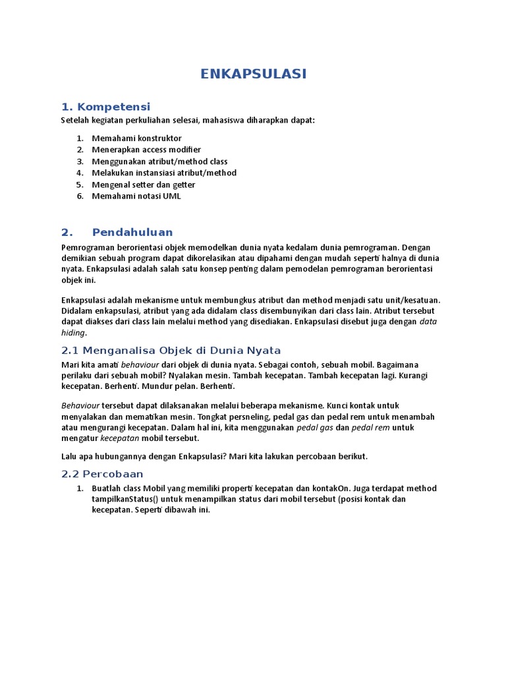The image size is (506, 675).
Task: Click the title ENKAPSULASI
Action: [253, 74]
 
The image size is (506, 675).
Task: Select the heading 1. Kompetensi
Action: [105, 107]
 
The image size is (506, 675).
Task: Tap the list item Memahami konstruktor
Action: [136, 138]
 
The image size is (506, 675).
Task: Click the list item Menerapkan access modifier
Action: [146, 150]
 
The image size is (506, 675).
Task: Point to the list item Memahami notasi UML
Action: [136, 196]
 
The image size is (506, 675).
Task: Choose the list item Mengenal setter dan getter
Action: [144, 185]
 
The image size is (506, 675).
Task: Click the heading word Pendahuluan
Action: [132, 232]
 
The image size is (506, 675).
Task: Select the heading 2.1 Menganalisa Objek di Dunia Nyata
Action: [171, 350]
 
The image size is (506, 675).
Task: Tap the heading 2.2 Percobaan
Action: [102, 474]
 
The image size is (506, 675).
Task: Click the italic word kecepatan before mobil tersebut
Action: [120, 438]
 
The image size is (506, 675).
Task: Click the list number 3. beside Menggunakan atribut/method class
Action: [80, 161]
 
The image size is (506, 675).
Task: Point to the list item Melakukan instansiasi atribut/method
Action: [164, 173]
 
